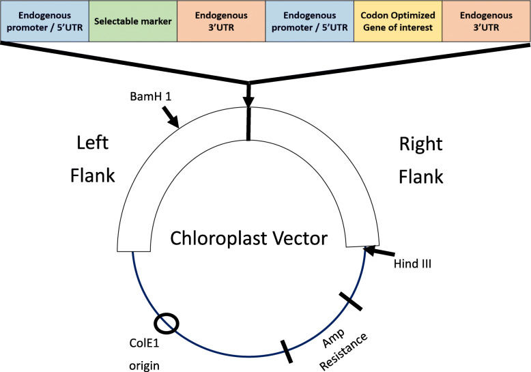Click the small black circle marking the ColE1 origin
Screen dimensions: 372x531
click(167, 323)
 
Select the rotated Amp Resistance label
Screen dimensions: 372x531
click(345, 334)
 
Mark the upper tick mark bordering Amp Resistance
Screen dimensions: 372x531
click(350, 299)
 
